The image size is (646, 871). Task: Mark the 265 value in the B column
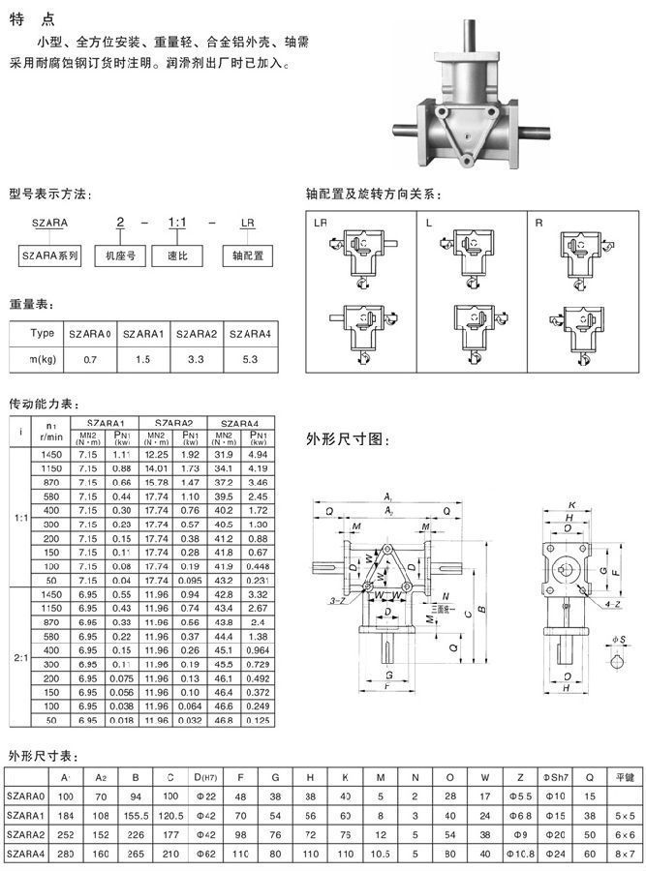point(136,853)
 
